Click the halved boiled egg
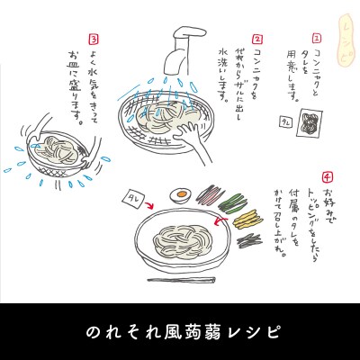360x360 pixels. (x=179, y=193)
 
